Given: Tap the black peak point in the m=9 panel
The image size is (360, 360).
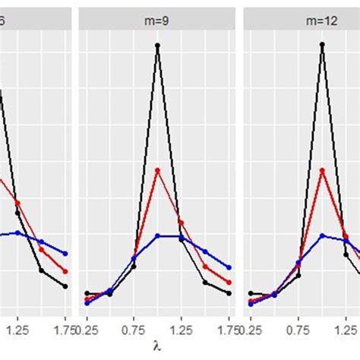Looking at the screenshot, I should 157,46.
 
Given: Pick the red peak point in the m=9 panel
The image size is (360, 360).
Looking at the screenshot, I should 157,169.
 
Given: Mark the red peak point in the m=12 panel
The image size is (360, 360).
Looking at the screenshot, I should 323,169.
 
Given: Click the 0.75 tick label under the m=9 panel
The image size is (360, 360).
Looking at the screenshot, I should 134,330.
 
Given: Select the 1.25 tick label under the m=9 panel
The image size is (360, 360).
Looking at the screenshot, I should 181,330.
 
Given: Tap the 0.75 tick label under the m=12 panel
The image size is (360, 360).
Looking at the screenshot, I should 299,330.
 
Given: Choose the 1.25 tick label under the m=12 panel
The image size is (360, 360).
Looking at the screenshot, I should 346,330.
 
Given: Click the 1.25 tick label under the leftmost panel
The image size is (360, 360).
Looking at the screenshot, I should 17,330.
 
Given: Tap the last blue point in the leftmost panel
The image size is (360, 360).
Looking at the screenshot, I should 65,254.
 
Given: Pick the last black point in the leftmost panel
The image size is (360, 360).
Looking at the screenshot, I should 65,286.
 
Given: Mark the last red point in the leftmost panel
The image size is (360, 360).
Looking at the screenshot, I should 65,271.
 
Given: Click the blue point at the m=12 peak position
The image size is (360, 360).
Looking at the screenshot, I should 323,235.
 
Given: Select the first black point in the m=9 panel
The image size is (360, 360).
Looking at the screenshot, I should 87,293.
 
